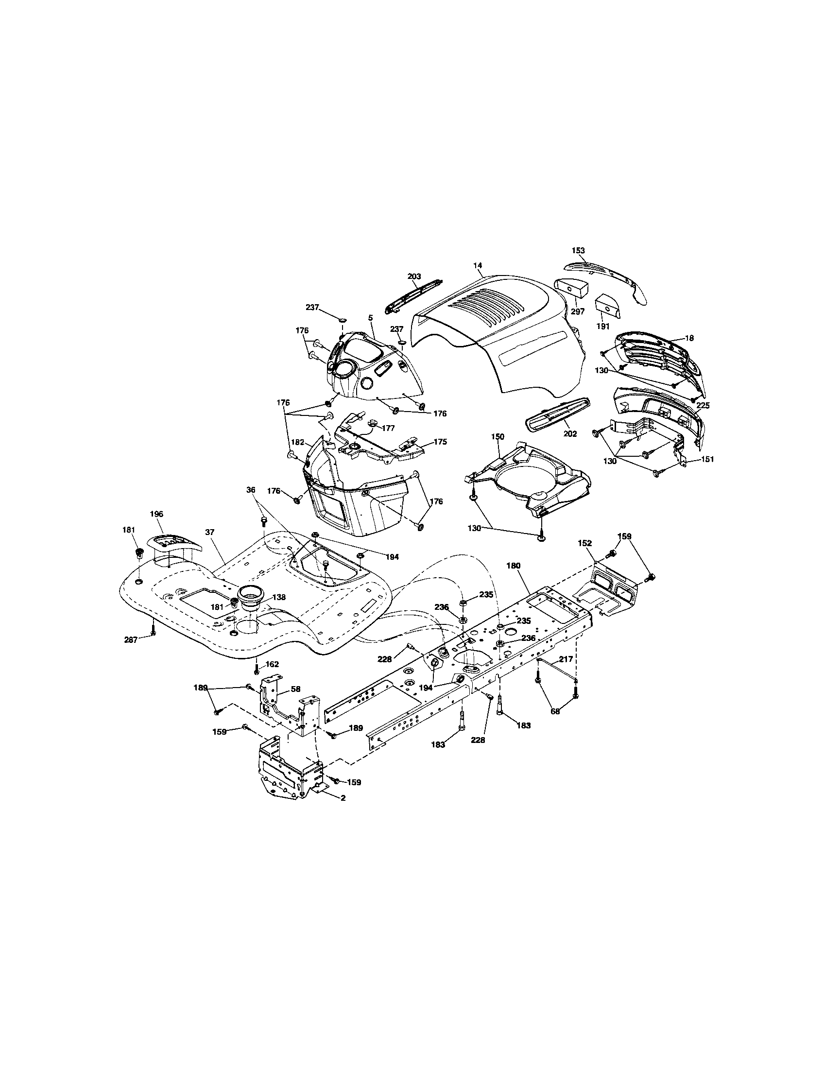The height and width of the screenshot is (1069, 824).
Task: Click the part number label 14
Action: point(478,265)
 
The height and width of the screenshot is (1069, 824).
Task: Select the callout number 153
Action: point(578,250)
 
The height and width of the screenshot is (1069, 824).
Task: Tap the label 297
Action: point(578,311)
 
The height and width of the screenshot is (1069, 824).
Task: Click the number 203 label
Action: point(414,276)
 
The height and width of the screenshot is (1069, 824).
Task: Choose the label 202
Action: point(570,433)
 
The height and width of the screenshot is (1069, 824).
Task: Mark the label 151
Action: point(707,459)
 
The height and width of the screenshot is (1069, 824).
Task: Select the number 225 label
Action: point(703,405)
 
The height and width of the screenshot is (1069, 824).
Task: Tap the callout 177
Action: point(388,428)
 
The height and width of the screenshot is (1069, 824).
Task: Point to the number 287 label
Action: point(131,640)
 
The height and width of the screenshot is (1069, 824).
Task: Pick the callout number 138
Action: point(279,597)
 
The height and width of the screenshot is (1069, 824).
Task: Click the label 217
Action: point(566,659)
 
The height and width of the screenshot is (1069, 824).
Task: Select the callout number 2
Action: point(343,797)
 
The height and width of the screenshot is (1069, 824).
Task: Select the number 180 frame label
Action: point(513,565)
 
